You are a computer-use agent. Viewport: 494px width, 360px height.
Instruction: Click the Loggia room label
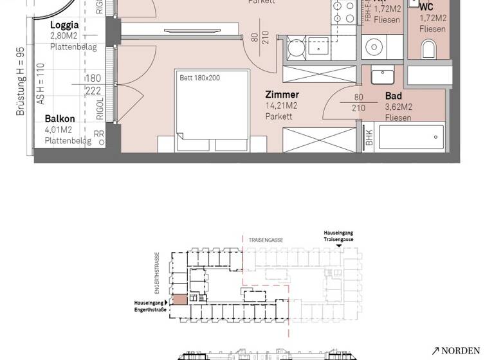point(64,26)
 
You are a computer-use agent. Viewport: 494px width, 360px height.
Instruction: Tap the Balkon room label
point(60,119)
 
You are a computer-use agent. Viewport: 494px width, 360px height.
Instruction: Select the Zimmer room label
point(282,94)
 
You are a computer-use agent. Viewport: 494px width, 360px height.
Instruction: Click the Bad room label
point(393,96)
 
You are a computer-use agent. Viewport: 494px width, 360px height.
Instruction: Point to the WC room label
point(426,7)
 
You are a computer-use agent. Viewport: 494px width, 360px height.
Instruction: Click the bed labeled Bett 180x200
point(212,109)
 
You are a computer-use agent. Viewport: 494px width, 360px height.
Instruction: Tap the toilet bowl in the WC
point(428,49)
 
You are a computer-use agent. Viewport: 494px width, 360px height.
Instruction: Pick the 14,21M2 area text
point(281,106)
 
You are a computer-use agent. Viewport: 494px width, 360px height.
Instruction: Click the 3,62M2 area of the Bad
point(399,107)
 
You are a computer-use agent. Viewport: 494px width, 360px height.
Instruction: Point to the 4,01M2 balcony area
point(59,130)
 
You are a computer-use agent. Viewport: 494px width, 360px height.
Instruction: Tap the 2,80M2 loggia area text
point(64,37)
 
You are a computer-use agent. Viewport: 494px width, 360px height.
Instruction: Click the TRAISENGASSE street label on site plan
point(266,240)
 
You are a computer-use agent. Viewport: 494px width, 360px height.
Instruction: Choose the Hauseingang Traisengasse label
point(338,235)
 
